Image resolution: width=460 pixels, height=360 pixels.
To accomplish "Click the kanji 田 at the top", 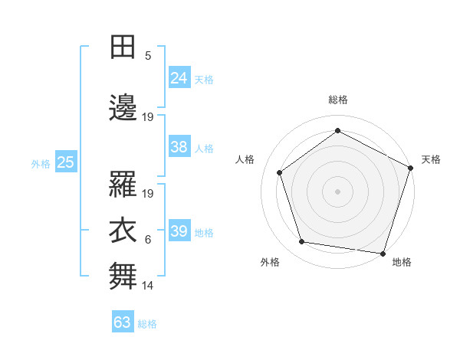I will (123, 48).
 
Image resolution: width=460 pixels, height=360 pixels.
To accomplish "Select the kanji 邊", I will (123, 108).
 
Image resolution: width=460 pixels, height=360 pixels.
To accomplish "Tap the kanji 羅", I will (123, 186).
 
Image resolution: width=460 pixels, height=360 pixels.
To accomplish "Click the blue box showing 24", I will (179, 77).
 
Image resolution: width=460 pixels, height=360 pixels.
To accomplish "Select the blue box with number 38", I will (179, 147).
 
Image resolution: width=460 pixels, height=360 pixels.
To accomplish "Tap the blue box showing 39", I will (179, 231).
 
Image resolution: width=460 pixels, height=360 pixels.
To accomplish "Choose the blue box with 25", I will (65, 162).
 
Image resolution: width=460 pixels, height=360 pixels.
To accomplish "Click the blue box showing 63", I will (123, 322).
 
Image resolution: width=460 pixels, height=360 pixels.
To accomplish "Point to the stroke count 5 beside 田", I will (149, 55).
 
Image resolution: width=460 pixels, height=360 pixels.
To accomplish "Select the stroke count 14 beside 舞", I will (149, 285).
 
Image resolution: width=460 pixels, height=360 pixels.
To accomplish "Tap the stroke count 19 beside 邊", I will (149, 116).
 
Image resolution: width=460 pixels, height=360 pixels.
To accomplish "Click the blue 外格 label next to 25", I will (41, 162).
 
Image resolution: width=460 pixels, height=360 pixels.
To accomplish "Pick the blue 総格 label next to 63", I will (147, 323).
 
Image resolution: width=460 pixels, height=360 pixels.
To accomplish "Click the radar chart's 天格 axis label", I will (431, 159).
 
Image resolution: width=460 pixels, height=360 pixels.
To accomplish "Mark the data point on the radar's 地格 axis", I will (383, 253).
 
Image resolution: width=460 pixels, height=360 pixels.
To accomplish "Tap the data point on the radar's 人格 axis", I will (280, 172).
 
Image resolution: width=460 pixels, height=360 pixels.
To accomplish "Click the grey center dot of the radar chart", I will (337, 191).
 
